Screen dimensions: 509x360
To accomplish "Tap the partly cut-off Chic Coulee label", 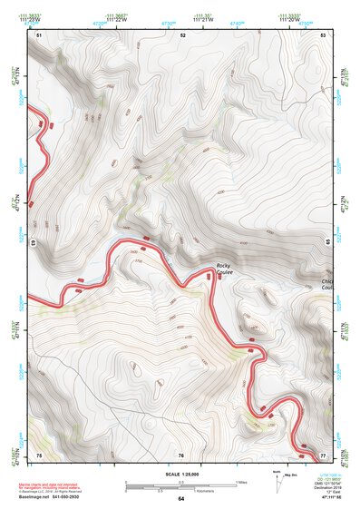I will tap(328, 286).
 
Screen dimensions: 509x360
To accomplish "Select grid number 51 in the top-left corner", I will tap(40, 34).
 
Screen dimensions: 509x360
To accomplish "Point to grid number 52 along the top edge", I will tap(182, 34).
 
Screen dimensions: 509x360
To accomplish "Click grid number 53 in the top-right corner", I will tap(324, 34).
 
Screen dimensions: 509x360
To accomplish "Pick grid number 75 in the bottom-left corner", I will tap(40, 455).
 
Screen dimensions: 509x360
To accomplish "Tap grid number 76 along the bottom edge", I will tap(181, 455).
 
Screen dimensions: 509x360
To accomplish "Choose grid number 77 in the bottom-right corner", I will tap(324, 455).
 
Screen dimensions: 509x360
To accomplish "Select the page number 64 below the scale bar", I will tap(180, 499).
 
